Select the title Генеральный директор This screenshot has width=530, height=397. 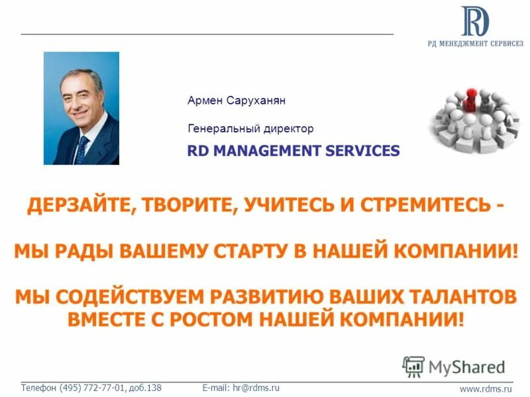click(250, 128)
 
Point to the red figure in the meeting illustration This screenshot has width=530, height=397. click(471, 99)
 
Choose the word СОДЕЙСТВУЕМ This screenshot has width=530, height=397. click(122, 296)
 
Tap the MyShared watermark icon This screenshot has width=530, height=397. click(414, 366)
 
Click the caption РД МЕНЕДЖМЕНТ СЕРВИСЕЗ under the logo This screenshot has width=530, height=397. click(474, 44)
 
